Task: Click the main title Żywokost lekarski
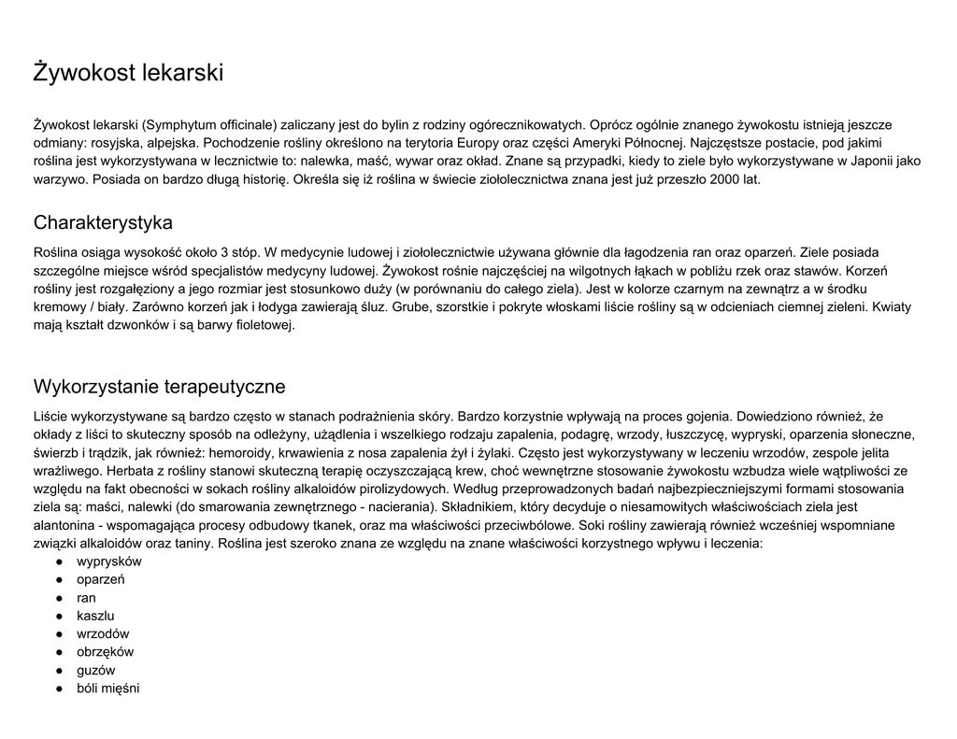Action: click(128, 73)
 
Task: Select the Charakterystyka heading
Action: click(103, 223)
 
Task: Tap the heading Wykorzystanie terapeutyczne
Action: click(159, 387)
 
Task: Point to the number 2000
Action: click(725, 179)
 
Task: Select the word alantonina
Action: click(66, 525)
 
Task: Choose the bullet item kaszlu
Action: click(95, 616)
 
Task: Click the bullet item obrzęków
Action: click(105, 652)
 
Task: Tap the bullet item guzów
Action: click(96, 670)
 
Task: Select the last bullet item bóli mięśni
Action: click(107, 689)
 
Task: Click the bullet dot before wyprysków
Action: click(59, 561)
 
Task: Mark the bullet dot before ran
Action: click(59, 598)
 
